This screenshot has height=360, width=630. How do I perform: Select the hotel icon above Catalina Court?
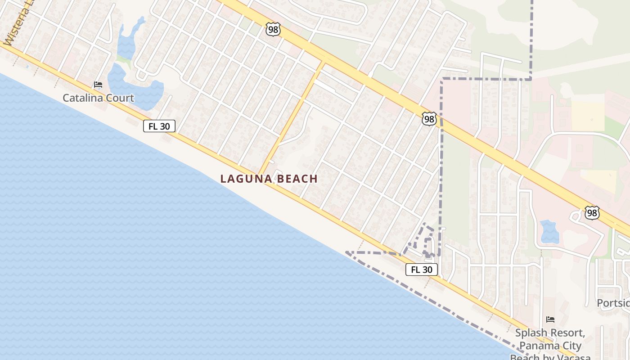(98, 85)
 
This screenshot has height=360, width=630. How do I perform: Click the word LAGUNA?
(246, 179)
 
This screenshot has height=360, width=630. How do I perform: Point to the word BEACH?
(297, 179)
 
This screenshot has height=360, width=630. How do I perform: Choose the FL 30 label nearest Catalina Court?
(159, 126)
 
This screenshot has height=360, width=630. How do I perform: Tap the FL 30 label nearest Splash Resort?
(422, 270)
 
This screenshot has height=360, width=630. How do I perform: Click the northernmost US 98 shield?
(273, 30)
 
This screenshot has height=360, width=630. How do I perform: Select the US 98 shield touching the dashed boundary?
(429, 119)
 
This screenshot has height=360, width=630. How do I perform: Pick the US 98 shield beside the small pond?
(592, 213)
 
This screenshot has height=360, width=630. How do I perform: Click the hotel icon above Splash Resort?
(550, 319)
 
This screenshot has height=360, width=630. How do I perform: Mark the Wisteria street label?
(16, 25)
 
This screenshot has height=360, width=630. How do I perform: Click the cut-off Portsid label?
(613, 303)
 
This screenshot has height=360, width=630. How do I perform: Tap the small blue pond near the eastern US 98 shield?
(549, 232)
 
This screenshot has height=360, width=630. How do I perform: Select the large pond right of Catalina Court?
(135, 88)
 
